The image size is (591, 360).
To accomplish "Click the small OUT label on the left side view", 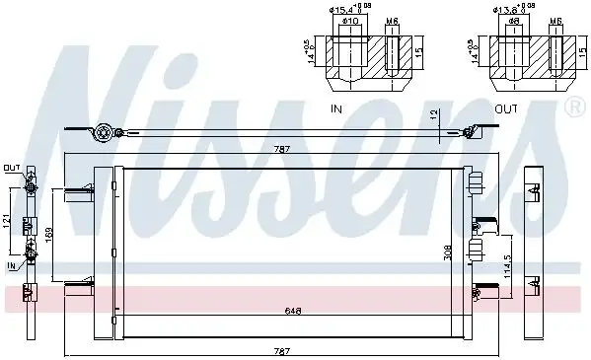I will [11, 167].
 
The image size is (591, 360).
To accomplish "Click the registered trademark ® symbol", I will [573, 105].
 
